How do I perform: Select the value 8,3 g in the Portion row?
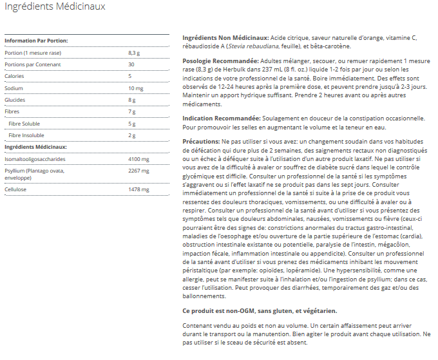[x=133, y=52]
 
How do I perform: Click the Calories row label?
[x=14, y=76]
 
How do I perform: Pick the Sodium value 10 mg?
[x=135, y=88]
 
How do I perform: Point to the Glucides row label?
[x=15, y=100]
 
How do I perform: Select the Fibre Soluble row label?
[x=24, y=124]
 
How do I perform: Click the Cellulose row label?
[x=16, y=189]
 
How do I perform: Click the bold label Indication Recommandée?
[x=222, y=118]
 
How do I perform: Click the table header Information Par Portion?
[x=36, y=41]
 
